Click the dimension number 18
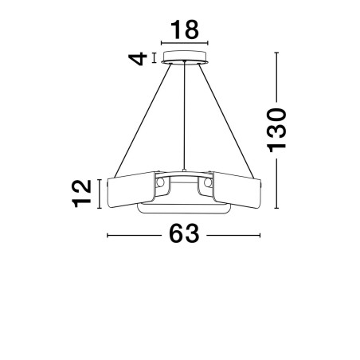185,29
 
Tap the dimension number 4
138,59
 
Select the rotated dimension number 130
277,130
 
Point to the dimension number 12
81,194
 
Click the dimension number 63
184,233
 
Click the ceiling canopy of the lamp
185,57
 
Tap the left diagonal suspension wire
143,121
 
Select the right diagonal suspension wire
226,121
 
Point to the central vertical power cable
184,116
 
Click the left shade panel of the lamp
131,189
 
